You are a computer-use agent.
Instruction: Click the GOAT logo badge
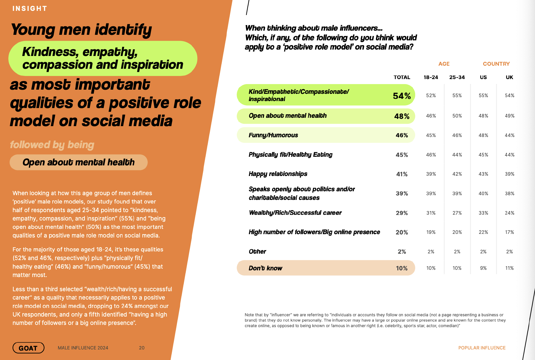(28, 348)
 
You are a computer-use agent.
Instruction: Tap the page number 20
(142, 348)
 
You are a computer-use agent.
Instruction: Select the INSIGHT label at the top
(30, 9)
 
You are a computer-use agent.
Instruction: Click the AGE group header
(444, 64)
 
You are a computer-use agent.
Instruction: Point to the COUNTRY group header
(496, 64)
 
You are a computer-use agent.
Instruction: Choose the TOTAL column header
(402, 77)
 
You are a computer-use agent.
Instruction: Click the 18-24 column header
(431, 77)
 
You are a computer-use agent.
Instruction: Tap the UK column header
(509, 77)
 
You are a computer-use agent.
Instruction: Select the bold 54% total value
(402, 96)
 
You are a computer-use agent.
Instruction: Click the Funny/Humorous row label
(273, 135)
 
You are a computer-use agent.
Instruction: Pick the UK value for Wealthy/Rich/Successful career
(509, 213)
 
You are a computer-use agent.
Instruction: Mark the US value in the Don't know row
(483, 268)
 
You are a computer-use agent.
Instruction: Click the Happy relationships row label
(278, 174)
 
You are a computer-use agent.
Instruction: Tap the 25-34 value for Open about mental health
(457, 116)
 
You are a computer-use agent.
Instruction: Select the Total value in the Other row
(402, 251)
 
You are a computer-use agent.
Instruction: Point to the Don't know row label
(265, 268)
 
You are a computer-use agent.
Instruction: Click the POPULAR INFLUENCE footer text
(482, 348)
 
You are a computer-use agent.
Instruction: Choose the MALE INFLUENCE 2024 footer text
(83, 348)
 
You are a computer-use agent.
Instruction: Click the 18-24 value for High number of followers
(431, 232)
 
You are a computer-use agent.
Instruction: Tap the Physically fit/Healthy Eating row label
(290, 155)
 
